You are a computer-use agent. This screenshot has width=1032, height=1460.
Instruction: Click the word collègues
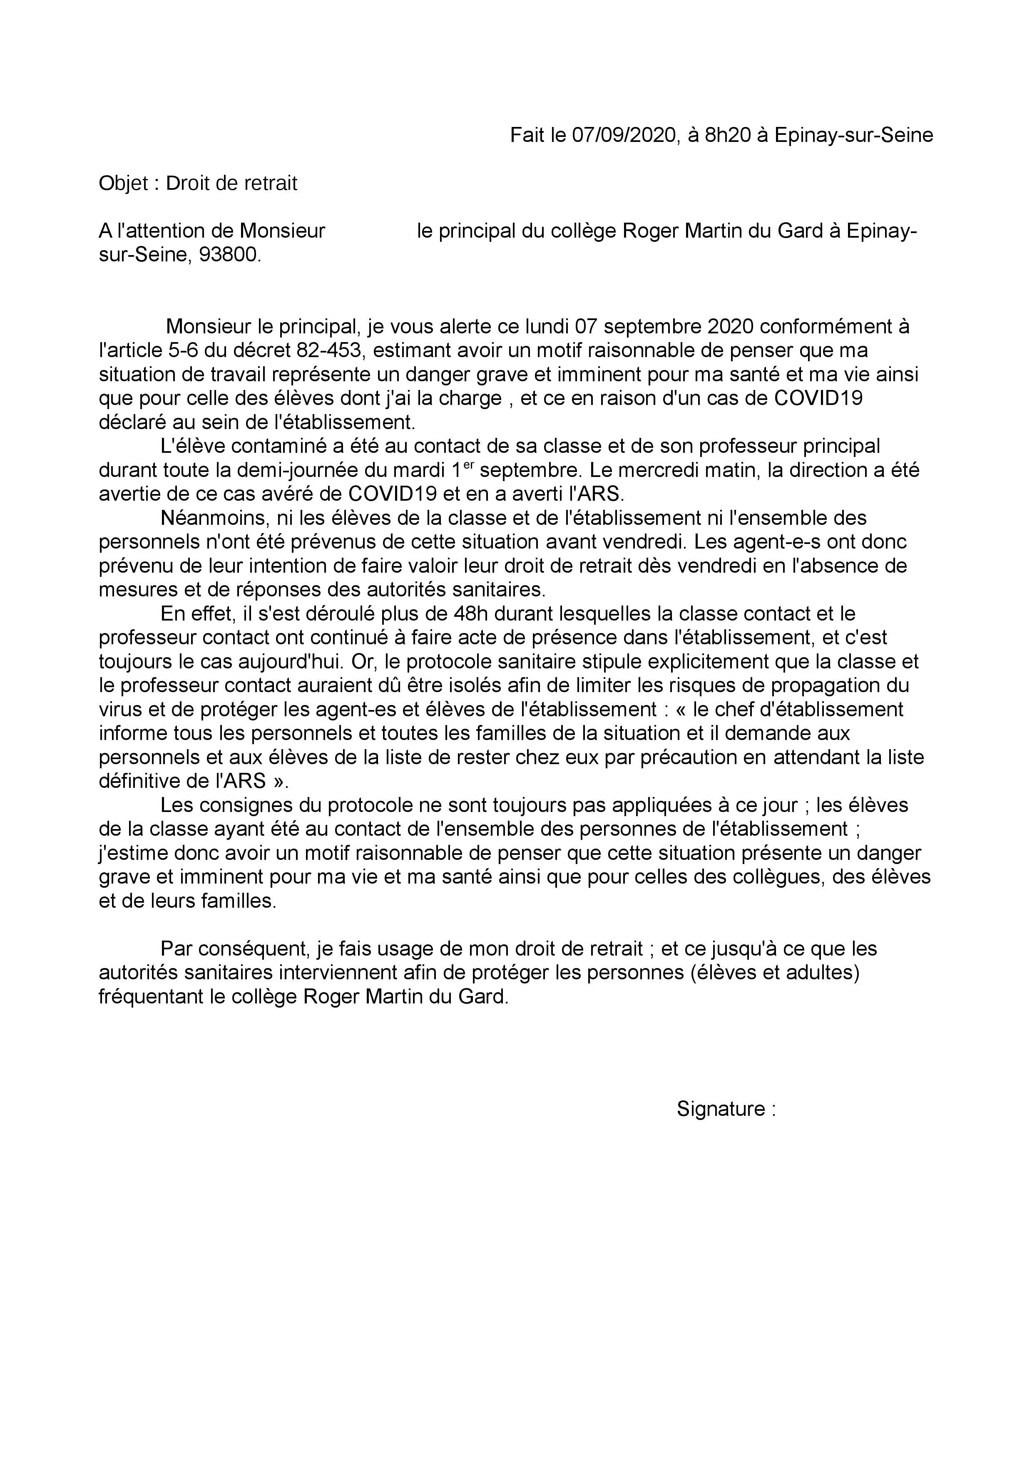[776, 877]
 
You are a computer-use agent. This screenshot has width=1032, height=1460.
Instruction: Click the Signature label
[721, 1109]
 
